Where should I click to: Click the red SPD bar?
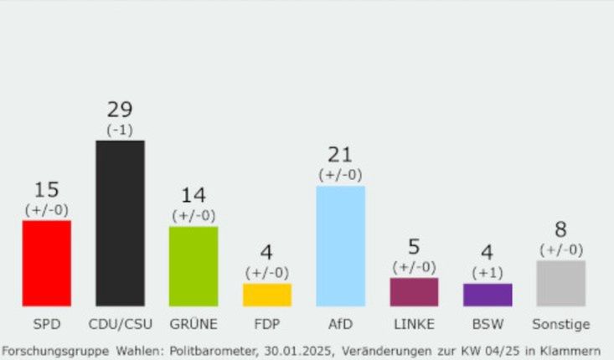[x=46, y=263]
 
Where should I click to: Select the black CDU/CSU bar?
[x=120, y=223]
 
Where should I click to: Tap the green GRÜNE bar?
[x=193, y=266]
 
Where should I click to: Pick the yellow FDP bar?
[x=267, y=295]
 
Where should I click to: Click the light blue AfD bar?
[x=341, y=245]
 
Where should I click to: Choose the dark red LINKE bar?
[x=414, y=291]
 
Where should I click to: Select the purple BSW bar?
[x=488, y=295]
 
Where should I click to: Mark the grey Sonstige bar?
[x=560, y=283]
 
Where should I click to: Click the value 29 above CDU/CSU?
[x=120, y=110]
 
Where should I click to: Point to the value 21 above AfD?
[x=341, y=155]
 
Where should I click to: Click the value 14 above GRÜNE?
[x=193, y=196]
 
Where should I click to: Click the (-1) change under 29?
[x=120, y=129]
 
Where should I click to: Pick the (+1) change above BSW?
[x=488, y=272]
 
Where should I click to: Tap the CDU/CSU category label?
[x=120, y=324]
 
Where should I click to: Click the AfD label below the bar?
[x=341, y=324]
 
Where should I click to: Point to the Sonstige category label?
[x=561, y=324]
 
